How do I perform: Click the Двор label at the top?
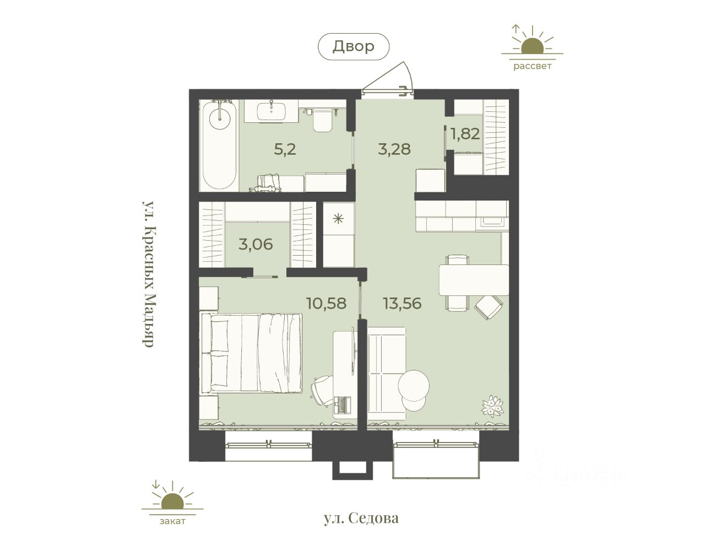353,46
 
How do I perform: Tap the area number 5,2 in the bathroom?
285,149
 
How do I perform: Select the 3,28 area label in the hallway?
394,149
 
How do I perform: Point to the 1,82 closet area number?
465,134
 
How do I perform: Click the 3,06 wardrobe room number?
256,244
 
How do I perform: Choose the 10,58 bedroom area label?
327,304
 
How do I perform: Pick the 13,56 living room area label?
402,304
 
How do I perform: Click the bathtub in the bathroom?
220,145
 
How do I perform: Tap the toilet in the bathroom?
323,120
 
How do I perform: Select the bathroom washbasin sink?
271,111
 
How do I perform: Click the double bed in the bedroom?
252,354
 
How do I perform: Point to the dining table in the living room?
474,280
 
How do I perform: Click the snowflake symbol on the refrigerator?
338,219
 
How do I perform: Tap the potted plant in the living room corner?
493,406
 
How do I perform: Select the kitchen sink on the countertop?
492,222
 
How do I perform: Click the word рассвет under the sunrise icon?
532,66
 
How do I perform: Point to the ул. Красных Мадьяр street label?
148,274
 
